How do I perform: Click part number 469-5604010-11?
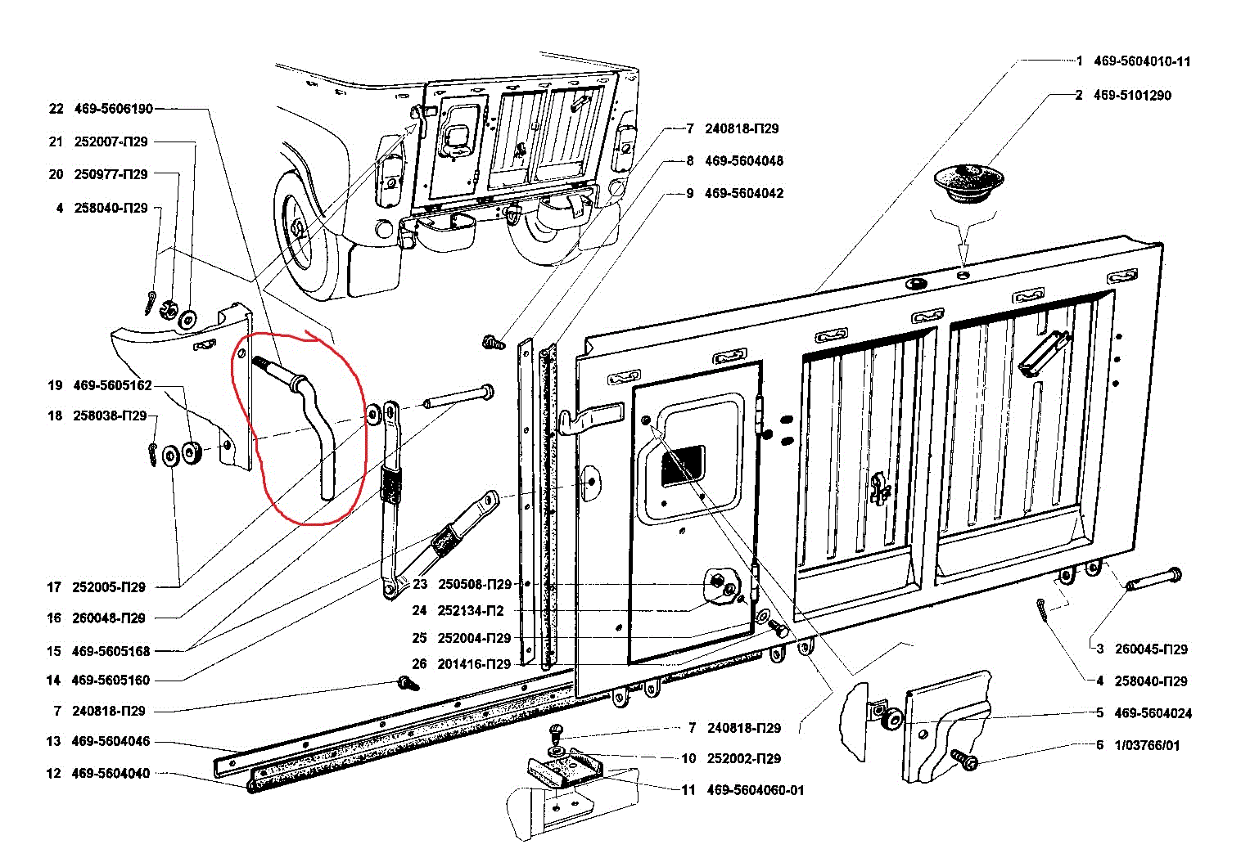(1142, 61)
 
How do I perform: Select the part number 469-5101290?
(1132, 95)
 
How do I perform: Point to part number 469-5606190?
(113, 109)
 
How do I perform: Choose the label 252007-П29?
(111, 142)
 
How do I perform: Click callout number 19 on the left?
(55, 385)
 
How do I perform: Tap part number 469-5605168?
(111, 651)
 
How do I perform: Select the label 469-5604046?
(111, 741)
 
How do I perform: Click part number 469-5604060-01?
(755, 790)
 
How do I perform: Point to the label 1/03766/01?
(1147, 745)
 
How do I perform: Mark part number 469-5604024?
(1153, 713)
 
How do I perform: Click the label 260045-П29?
(1151, 649)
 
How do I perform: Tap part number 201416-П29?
(474, 664)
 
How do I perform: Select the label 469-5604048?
(743, 161)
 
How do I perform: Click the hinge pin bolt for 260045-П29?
(1155, 578)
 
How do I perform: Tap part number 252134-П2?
(471, 611)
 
